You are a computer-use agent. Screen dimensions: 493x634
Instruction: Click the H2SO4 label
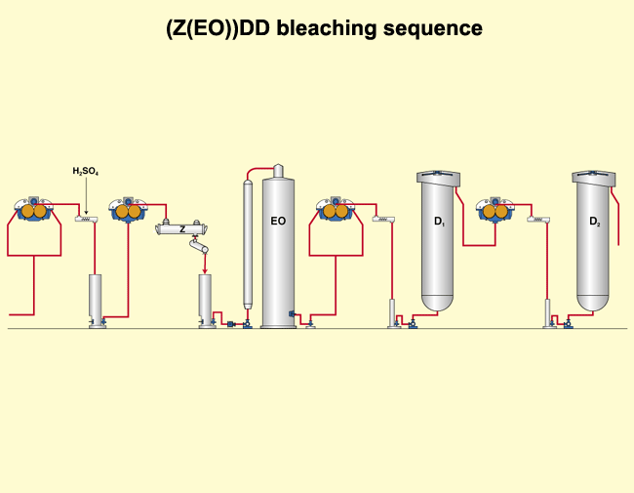pyautogui.click(x=86, y=172)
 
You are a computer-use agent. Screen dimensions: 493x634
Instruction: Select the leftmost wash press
pyautogui.click(x=33, y=210)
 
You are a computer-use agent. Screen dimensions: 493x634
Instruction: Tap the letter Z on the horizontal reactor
pyautogui.click(x=181, y=229)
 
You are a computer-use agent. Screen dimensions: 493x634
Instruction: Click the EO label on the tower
pyautogui.click(x=278, y=222)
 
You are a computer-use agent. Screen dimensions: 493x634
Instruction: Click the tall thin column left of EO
pyautogui.click(x=247, y=244)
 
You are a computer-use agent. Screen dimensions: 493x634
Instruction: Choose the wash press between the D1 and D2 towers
pyautogui.click(x=495, y=210)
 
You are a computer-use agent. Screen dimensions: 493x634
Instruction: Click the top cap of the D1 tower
pyautogui.click(x=439, y=177)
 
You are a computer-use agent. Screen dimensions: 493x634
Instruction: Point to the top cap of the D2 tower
pyautogui.click(x=594, y=177)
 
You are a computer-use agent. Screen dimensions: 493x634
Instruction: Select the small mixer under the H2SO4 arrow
pyautogui.click(x=86, y=219)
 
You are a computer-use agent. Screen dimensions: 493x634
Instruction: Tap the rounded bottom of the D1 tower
pyautogui.click(x=439, y=303)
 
